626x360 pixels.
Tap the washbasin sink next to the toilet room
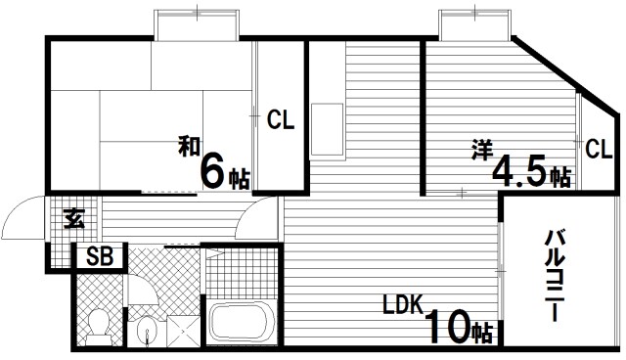pyautogui.click(x=147, y=330)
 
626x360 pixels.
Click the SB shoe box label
pyautogui.click(x=100, y=256)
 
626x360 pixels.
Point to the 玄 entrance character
pyautogui.click(x=74, y=218)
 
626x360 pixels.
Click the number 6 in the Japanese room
pyautogui.click(x=213, y=171)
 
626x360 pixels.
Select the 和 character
pyautogui.click(x=189, y=146)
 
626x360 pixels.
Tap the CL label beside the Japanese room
pyautogui.click(x=281, y=119)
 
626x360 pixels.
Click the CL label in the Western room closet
pyautogui.click(x=599, y=149)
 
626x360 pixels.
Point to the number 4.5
pyautogui.click(x=519, y=171)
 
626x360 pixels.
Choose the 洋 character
pyautogui.click(x=482, y=150)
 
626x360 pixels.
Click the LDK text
pyautogui.click(x=402, y=304)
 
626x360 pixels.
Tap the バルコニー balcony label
pyautogui.click(x=555, y=275)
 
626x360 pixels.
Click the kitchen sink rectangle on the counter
pyautogui.click(x=328, y=129)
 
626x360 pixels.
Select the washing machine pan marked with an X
pyautogui.click(x=183, y=331)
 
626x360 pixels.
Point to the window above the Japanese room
pyautogui.click(x=197, y=24)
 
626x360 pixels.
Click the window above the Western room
pyautogui.click(x=474, y=24)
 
